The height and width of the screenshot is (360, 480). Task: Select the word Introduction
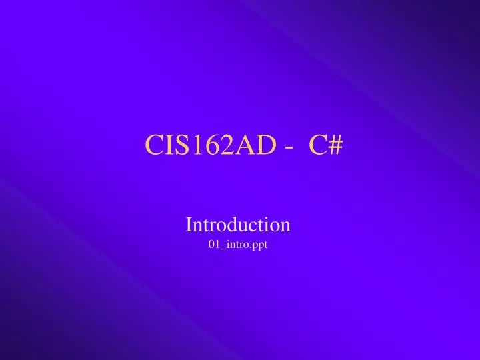238,224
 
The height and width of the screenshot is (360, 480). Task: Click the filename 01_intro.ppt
238,245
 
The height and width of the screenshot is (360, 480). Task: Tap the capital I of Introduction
189,224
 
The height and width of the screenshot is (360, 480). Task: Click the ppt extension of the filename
260,245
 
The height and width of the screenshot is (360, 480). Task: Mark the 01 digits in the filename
214,245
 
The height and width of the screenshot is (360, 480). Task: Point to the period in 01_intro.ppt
251,247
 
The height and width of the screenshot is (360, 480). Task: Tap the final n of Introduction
285,225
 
